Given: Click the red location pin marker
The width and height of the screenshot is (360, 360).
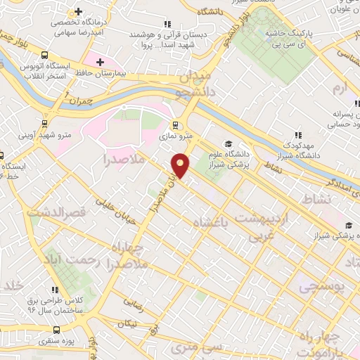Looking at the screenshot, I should pyautogui.click(x=181, y=165).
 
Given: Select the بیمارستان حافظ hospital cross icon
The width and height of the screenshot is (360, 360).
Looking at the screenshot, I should pyautogui.click(x=100, y=63).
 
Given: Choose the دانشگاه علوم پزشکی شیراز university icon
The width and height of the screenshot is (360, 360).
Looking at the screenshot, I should pyautogui.click(x=228, y=144).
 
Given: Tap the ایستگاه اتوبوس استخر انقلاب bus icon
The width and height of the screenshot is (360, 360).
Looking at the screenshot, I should pyautogui.click(x=45, y=55).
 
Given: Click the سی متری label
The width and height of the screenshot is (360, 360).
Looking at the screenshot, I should pyautogui.click(x=202, y=347).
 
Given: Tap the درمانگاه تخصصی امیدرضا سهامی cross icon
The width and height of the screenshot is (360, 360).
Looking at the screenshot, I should pyautogui.click(x=79, y=12).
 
